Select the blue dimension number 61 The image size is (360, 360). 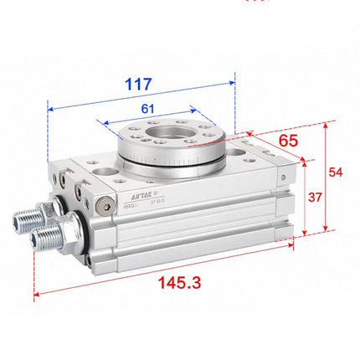147,108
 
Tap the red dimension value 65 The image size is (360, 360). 287,140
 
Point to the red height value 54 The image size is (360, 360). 335,171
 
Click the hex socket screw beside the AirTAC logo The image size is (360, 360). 104,203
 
